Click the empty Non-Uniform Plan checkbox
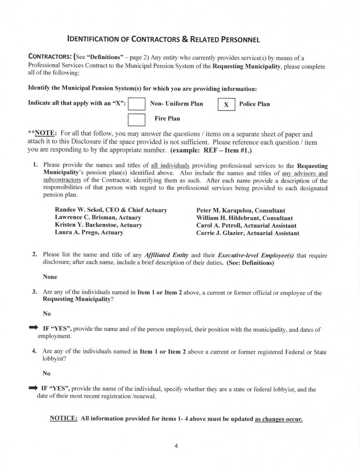(137, 104)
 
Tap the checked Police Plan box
(227, 104)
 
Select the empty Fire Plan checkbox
(137, 119)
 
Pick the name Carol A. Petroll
(217, 225)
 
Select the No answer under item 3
(46, 314)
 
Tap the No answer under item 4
(46, 372)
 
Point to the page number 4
(176, 446)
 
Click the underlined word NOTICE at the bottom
(63, 418)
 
